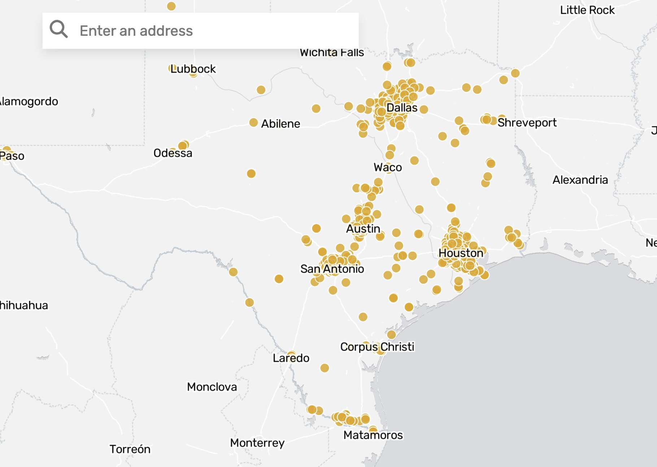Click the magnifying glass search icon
tap(58, 29)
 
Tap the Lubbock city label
tap(193, 69)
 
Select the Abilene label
tap(280, 124)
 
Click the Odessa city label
tap(173, 153)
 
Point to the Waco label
tap(387, 167)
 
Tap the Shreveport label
tap(527, 123)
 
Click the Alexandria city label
tap(580, 180)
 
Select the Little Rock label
tap(587, 10)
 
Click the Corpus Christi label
tap(377, 347)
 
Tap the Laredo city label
tap(291, 358)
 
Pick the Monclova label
tap(212, 387)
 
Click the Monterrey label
tap(257, 442)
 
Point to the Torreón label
tap(130, 449)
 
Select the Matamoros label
tap(373, 435)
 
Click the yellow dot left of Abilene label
tap(253, 123)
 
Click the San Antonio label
tap(332, 269)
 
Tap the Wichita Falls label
tap(331, 53)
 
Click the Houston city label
tap(461, 253)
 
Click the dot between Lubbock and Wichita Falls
tap(261, 90)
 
